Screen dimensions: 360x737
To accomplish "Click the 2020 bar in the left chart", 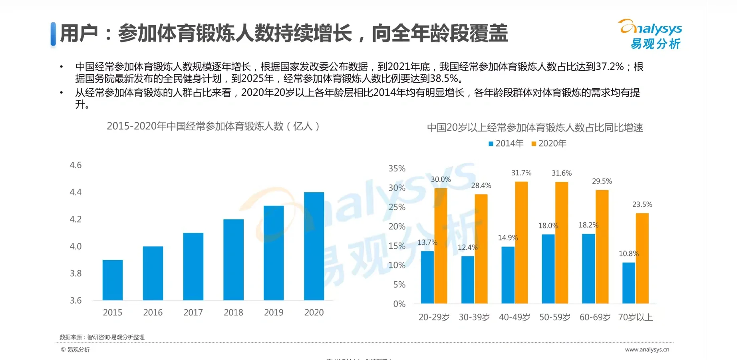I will pyautogui.click(x=314, y=246).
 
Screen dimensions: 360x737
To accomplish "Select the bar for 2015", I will pyautogui.click(x=113, y=280).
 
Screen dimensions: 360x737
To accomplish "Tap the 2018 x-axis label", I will pyautogui.click(x=233, y=312).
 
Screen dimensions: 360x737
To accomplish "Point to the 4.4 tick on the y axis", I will pyautogui.click(x=75, y=192).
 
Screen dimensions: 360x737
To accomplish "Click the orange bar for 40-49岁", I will pyautogui.click(x=521, y=243).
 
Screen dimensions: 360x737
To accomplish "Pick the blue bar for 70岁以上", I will pyautogui.click(x=629, y=283).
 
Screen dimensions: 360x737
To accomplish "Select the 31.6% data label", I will pyautogui.click(x=562, y=173).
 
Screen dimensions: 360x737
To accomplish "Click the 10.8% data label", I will pyautogui.click(x=628, y=254).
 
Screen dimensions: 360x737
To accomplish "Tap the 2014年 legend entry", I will pyautogui.click(x=506, y=143).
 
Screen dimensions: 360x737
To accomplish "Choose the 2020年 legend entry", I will pyautogui.click(x=549, y=143).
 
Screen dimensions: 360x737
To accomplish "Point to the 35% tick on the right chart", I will pyautogui.click(x=397, y=169).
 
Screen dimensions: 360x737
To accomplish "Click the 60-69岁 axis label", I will pyautogui.click(x=595, y=317).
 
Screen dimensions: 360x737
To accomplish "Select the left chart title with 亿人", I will pyautogui.click(x=213, y=126).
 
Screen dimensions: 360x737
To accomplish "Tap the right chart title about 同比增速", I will pyautogui.click(x=535, y=128).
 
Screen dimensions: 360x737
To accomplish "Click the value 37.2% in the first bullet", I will pyautogui.click(x=610, y=67).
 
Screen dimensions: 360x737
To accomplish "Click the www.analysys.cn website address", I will pyautogui.click(x=647, y=350).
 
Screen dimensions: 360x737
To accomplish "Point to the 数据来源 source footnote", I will pyautogui.click(x=102, y=337).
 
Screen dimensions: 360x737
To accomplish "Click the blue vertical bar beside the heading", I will pyautogui.click(x=53, y=34).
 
